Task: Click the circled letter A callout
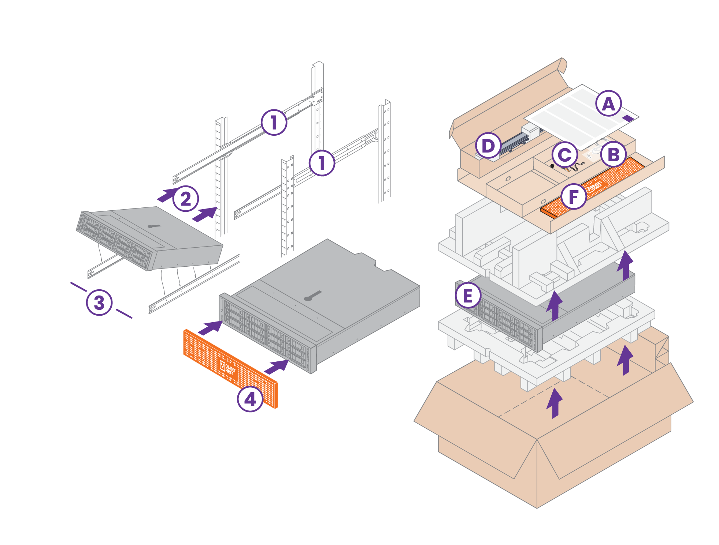click(x=608, y=104)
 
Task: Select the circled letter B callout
click(x=614, y=154)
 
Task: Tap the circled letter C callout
click(x=564, y=155)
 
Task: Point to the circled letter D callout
click(x=488, y=146)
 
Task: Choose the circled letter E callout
click(x=468, y=296)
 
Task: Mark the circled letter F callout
click(x=574, y=196)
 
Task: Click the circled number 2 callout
click(x=186, y=199)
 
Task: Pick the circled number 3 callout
click(x=99, y=302)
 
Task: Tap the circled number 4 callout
click(x=250, y=399)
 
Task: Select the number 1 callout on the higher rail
click(x=274, y=122)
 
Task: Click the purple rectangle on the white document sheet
click(x=628, y=118)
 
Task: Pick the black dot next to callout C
click(x=552, y=166)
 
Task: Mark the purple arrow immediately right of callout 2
click(x=205, y=214)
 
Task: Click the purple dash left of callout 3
click(x=78, y=286)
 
